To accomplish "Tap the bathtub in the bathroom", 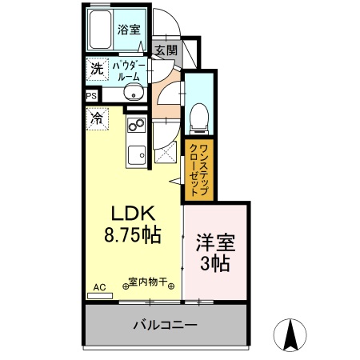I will [x=99, y=30].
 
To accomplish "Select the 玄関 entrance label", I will [x=166, y=50].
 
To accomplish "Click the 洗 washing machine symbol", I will [x=96, y=70].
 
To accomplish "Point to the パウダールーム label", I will [x=128, y=70].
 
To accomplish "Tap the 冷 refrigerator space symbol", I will [x=96, y=118].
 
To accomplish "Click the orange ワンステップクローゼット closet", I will [x=198, y=170].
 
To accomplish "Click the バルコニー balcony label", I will [x=163, y=326].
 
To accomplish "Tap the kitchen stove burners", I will [x=134, y=125].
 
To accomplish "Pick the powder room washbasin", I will [x=132, y=94].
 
